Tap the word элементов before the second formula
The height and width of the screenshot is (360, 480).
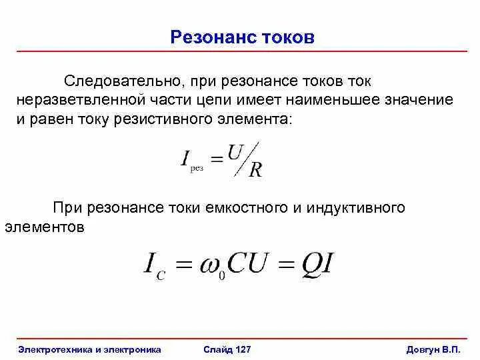45,227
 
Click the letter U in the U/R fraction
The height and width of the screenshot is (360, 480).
234,153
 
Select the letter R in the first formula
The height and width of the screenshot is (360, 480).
255,169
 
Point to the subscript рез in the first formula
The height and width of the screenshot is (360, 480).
197,169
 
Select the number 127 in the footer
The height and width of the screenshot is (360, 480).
242,349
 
